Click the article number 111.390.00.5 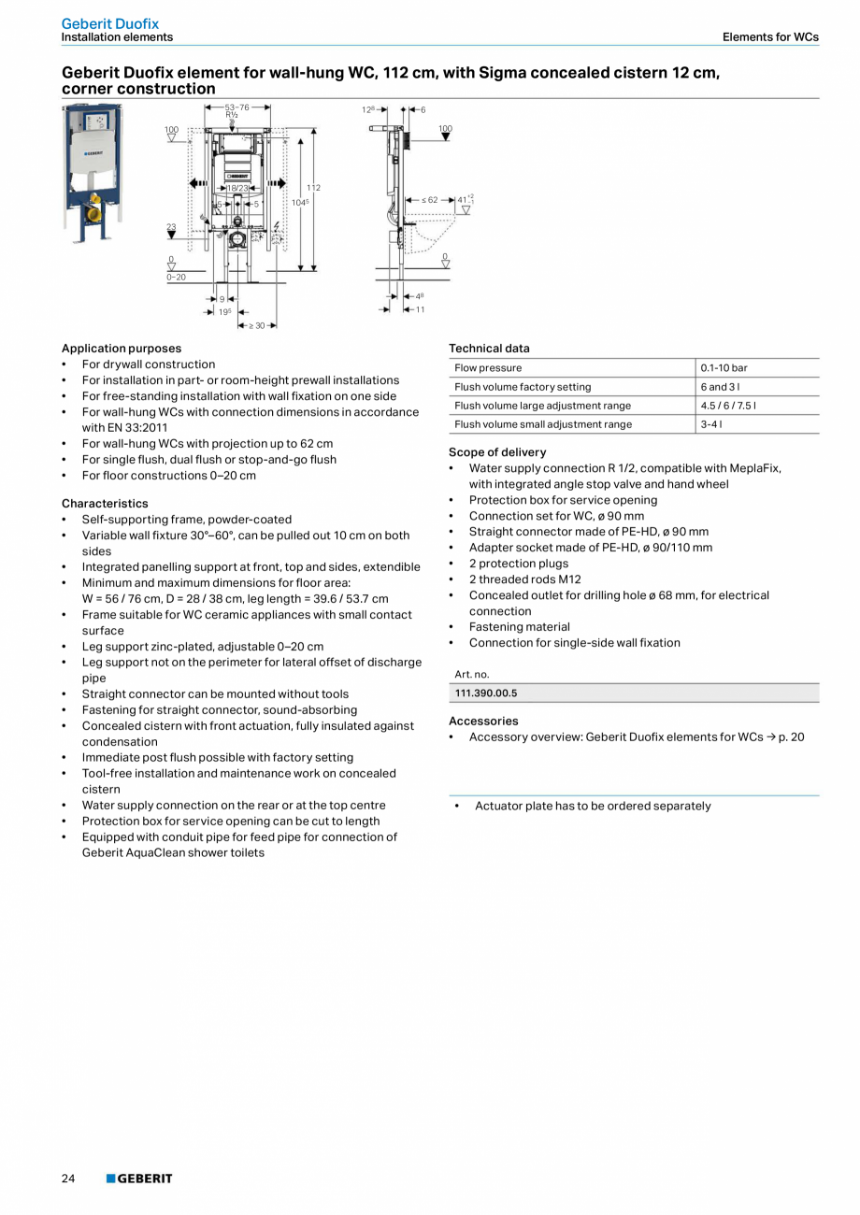pyautogui.click(x=486, y=693)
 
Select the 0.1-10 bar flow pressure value pyautogui.click(x=724, y=368)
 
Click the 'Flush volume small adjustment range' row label pyautogui.click(x=543, y=424)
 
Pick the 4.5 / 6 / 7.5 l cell pyautogui.click(x=728, y=406)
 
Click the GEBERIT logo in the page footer pyautogui.click(x=139, y=1179)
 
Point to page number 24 pyautogui.click(x=68, y=1179)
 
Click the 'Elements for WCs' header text pyautogui.click(x=770, y=37)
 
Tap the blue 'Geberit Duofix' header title pyautogui.click(x=110, y=23)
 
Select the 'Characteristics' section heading pyautogui.click(x=105, y=504)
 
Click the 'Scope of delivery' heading pyautogui.click(x=497, y=452)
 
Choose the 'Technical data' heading pyautogui.click(x=489, y=349)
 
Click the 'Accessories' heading pyautogui.click(x=483, y=722)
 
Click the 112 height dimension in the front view pyautogui.click(x=313, y=188)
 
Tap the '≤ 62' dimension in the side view pyautogui.click(x=430, y=200)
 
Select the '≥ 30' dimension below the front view pyautogui.click(x=258, y=325)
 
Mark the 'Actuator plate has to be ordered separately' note pyautogui.click(x=593, y=807)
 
